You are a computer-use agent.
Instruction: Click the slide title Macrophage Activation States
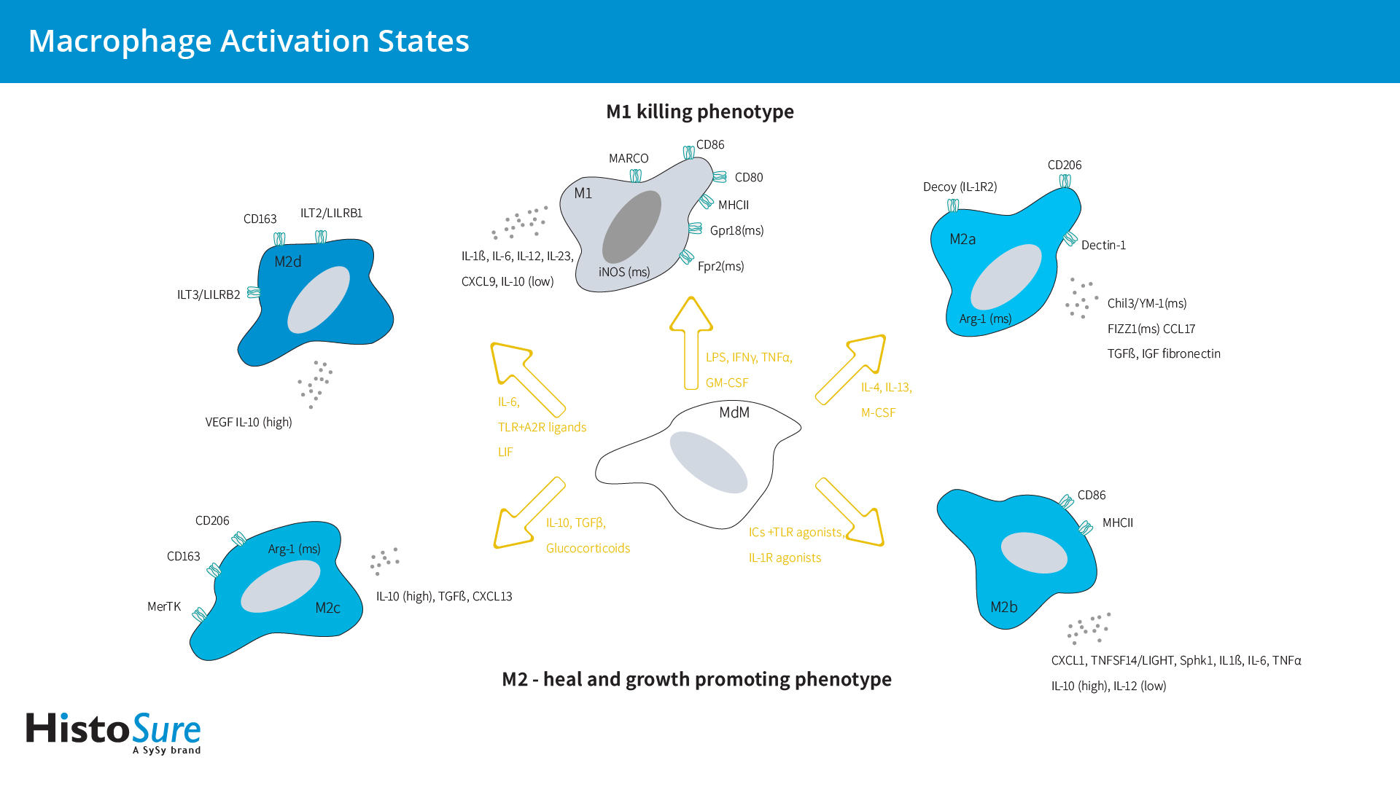(x=249, y=41)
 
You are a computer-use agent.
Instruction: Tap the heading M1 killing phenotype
(x=699, y=111)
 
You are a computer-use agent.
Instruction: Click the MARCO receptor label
(x=628, y=158)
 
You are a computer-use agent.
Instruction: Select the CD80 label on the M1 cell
(x=748, y=177)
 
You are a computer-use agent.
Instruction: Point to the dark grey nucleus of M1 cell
(x=631, y=227)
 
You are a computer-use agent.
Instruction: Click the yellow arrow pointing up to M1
(x=691, y=342)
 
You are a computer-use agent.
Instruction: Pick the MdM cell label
(x=734, y=412)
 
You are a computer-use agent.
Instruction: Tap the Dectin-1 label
(x=1102, y=245)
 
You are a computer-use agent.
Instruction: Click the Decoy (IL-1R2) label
(x=960, y=187)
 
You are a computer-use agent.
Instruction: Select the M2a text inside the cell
(x=962, y=239)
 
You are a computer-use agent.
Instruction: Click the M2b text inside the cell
(x=1003, y=607)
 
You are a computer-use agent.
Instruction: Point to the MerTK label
(x=163, y=606)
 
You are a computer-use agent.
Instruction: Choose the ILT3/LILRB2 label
(x=208, y=294)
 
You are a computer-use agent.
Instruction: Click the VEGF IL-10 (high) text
(x=248, y=422)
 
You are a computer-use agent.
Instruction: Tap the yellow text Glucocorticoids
(x=588, y=548)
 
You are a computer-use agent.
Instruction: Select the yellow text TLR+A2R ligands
(x=542, y=427)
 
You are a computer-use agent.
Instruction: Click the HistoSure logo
(x=113, y=732)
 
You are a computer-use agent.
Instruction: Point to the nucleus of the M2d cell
(x=318, y=299)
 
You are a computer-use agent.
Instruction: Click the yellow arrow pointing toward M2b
(x=850, y=512)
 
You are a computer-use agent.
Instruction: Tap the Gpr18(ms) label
(x=736, y=230)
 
